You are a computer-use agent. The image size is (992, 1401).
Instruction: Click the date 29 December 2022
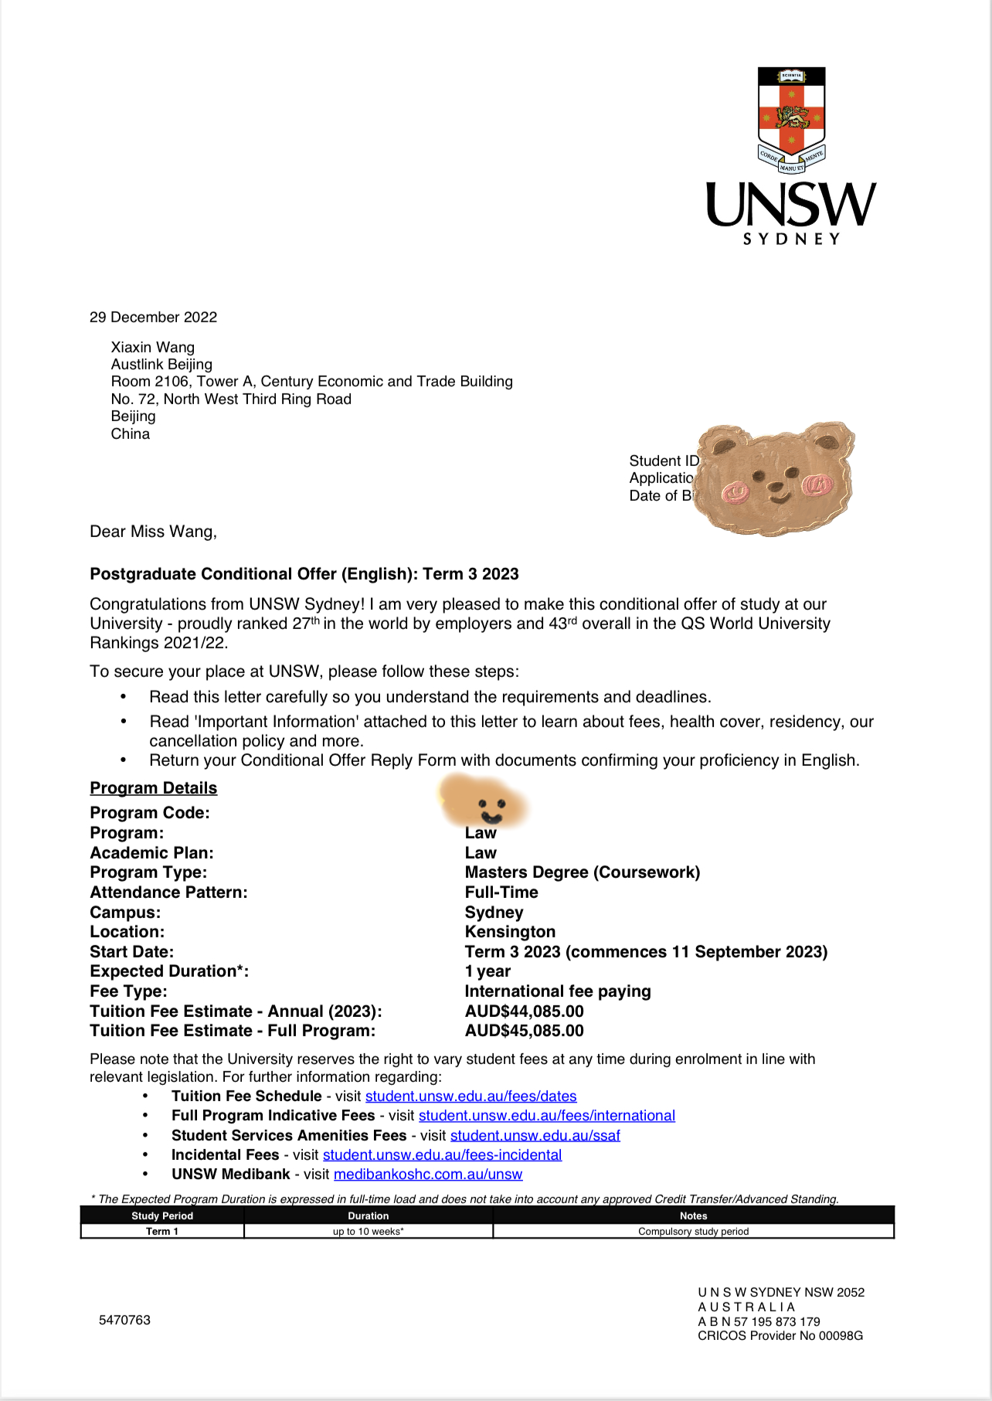point(153,318)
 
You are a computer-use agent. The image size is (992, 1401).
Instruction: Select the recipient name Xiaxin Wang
point(152,348)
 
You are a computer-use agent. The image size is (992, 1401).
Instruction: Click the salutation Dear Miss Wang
point(153,532)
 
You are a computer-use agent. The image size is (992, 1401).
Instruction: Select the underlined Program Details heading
point(153,788)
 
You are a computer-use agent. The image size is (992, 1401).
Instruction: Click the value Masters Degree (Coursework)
point(582,872)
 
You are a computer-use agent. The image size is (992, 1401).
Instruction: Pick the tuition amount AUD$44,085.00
point(524,1012)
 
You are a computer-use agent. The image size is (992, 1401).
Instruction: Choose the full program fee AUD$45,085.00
point(524,1031)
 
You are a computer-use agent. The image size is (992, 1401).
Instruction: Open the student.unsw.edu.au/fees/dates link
point(471,1097)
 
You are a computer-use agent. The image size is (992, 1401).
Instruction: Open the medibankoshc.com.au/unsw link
point(427,1175)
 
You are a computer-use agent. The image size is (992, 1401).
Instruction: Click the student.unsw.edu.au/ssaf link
point(535,1135)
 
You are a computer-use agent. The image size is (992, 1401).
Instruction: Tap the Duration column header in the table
point(368,1216)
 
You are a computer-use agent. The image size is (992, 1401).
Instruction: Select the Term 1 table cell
point(162,1231)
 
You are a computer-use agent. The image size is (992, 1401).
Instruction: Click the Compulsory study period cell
point(693,1231)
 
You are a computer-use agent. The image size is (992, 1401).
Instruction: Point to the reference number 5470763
point(124,1320)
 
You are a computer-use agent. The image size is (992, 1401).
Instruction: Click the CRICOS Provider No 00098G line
point(780,1335)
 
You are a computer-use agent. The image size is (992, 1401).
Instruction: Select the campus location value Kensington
point(510,932)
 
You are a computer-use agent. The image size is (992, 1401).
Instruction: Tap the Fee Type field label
point(128,991)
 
